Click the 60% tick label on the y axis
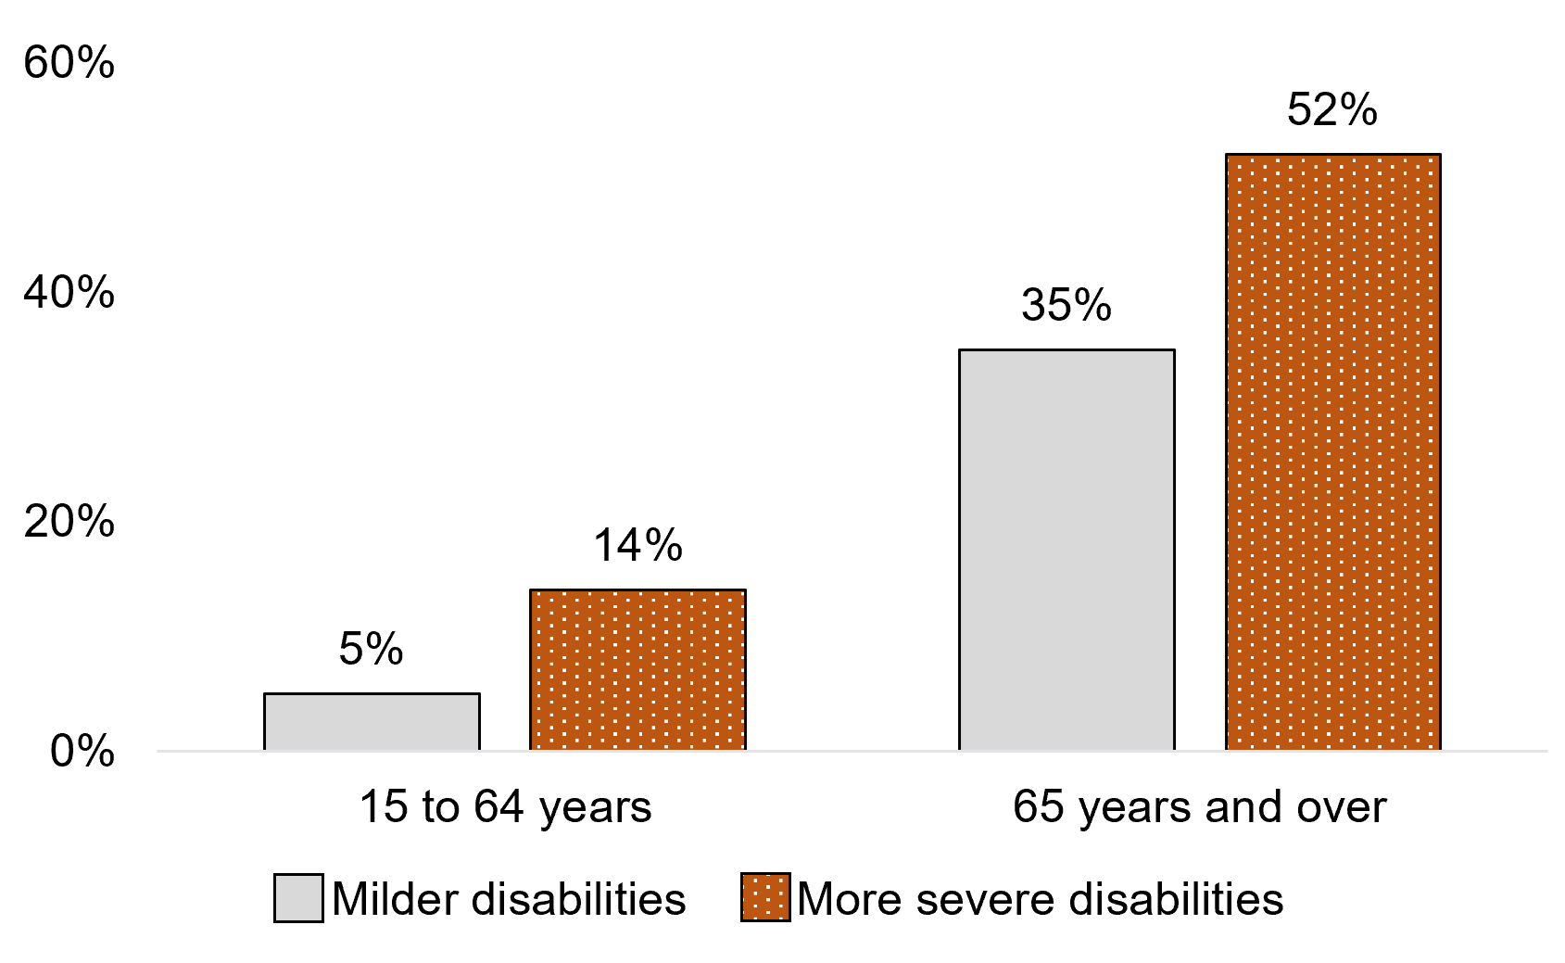pos(69,64)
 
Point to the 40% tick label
pos(69,293)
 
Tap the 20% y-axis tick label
pos(69,522)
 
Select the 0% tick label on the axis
pos(82,751)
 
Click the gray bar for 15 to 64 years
pos(372,721)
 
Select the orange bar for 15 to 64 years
pos(637,669)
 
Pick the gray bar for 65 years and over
pos(1066,550)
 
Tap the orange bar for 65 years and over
pos(1332,451)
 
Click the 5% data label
pos(371,649)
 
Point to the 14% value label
pos(637,545)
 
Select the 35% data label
pos(1066,305)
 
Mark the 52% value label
pos(1332,110)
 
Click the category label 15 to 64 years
pos(505,807)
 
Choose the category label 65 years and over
pos(1199,807)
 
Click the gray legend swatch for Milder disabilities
pos(298,898)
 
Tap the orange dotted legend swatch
pos(765,898)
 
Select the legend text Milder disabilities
pos(509,899)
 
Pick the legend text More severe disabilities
pos(1040,899)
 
